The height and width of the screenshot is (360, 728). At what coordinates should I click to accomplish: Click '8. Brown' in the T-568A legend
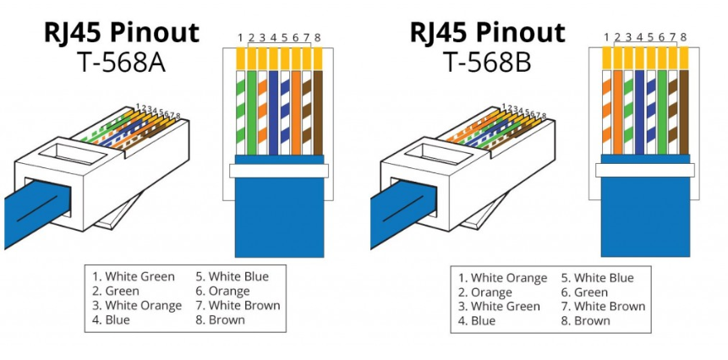[x=220, y=319]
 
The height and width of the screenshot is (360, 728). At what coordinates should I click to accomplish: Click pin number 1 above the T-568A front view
[x=240, y=38]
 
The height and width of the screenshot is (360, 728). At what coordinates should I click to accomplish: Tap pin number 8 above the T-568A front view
[x=317, y=38]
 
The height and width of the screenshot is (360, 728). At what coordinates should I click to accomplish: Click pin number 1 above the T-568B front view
[x=607, y=38]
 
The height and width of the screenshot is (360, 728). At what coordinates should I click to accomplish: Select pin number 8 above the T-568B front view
[x=683, y=38]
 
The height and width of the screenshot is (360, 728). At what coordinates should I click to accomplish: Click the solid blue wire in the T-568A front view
[x=274, y=110]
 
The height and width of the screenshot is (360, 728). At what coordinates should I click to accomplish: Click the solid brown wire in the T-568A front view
[x=317, y=110]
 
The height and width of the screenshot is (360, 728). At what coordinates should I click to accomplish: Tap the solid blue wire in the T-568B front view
[x=640, y=110]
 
